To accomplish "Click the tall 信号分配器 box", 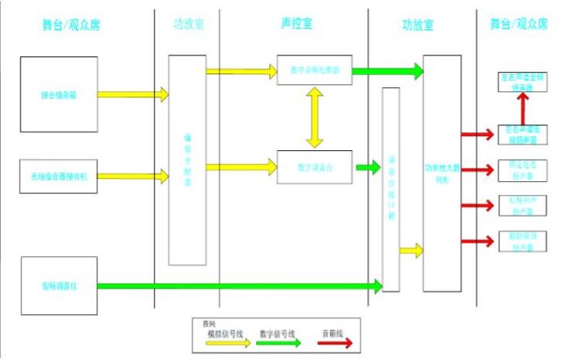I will [x=188, y=160].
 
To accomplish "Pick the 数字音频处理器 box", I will [x=315, y=71].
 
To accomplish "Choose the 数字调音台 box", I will [x=315, y=167].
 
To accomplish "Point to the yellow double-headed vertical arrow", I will [x=314, y=118].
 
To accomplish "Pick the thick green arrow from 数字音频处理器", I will [x=387, y=72].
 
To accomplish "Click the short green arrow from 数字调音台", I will [x=368, y=168].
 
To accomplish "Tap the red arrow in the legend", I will [x=334, y=344].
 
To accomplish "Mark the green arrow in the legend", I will [x=281, y=344].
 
